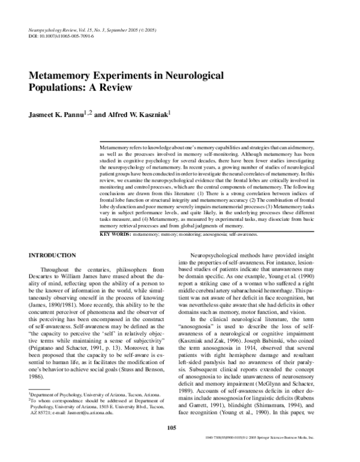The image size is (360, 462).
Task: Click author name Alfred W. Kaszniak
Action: point(139,113)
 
